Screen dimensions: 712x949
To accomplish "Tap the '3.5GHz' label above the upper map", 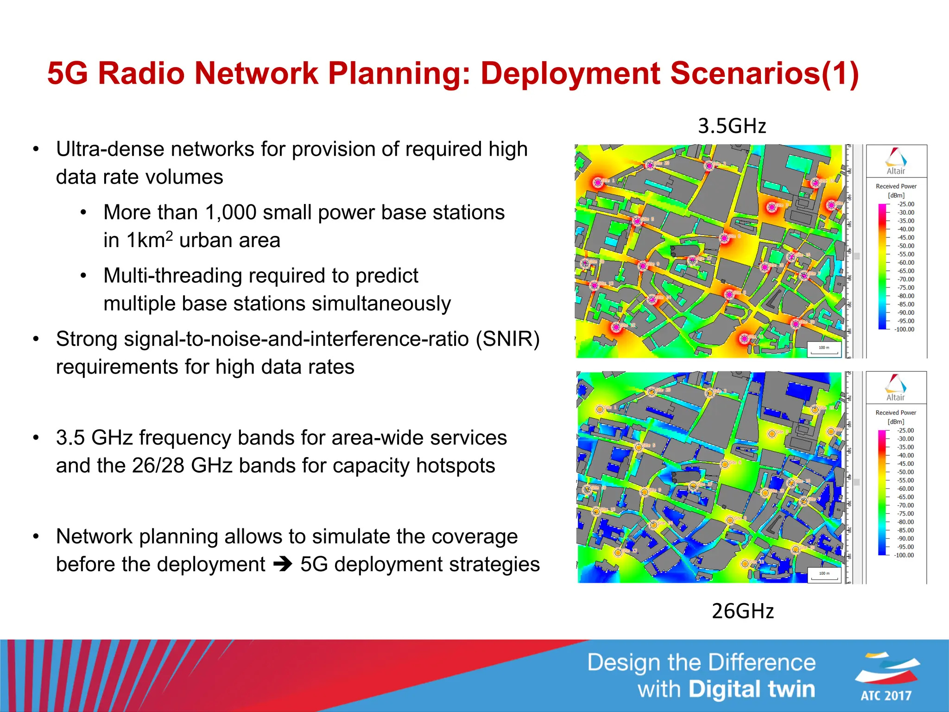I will click(732, 126).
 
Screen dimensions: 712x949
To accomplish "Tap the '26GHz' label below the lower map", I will click(743, 611).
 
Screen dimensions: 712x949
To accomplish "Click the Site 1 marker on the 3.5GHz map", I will click(598, 183).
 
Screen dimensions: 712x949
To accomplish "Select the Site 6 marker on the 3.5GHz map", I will click(724, 238).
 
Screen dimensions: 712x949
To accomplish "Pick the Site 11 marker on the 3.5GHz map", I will click(744, 339).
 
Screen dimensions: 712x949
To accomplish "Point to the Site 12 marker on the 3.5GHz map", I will click(616, 327).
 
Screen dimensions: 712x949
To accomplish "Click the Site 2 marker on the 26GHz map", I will click(709, 393).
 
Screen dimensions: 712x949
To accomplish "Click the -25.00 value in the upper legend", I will click(906, 204).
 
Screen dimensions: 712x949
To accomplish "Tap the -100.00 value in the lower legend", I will click(904, 555).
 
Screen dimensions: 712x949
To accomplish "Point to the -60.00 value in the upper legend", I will click(906, 262).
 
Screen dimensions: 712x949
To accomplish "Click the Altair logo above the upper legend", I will click(896, 160).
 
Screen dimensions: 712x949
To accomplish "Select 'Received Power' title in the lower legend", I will click(896, 413).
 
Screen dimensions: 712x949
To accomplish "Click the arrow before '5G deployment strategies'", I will click(282, 564).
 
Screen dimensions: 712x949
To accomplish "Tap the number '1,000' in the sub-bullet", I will click(230, 212).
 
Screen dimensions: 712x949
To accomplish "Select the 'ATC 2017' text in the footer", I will click(886, 695).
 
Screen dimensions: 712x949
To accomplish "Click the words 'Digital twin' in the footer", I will click(752, 689).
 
